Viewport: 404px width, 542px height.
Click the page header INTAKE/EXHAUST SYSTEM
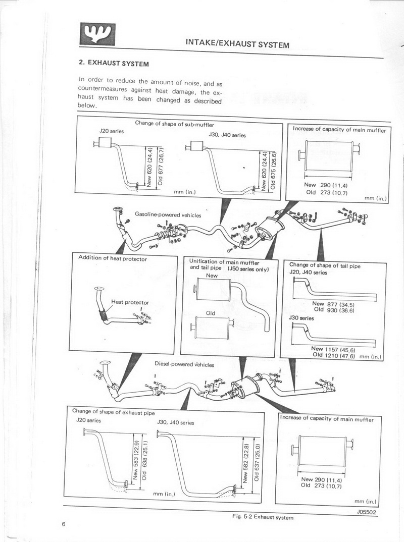point(237,45)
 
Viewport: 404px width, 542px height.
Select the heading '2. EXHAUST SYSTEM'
point(114,64)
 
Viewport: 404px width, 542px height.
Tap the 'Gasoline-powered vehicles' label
point(168,214)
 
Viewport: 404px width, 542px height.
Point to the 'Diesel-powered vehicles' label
point(184,364)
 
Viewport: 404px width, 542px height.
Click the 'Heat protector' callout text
point(130,302)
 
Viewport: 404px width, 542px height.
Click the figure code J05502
point(368,511)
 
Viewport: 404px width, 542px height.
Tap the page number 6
point(64,524)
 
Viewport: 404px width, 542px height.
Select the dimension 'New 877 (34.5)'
point(333,304)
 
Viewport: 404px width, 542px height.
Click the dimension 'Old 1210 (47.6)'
point(334,355)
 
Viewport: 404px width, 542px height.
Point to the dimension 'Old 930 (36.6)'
point(334,310)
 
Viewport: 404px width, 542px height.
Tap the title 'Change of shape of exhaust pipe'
point(113,411)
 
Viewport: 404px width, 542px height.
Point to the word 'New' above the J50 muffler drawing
point(212,276)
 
